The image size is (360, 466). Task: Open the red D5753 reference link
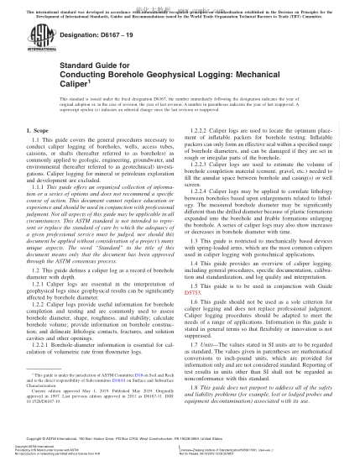(194, 293)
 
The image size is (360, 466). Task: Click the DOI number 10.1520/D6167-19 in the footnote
(50, 403)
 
